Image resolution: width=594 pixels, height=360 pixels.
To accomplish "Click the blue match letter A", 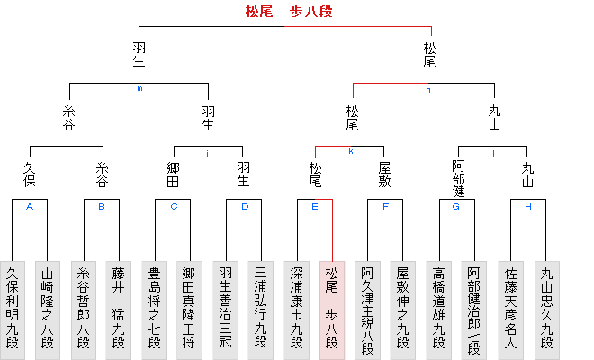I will tap(30, 206).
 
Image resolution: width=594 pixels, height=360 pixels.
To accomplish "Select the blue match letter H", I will tap(528, 206).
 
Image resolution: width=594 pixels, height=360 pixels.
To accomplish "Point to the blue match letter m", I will tap(139, 88).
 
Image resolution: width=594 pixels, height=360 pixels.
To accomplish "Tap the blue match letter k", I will tap(350, 151).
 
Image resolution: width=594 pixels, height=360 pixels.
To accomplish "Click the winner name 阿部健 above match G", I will tap(458, 178).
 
